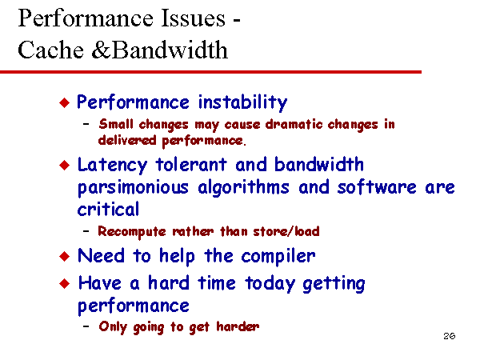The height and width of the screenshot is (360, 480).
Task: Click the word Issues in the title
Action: (193, 18)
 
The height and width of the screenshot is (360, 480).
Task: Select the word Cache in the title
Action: (51, 50)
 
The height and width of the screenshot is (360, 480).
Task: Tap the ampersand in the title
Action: (101, 50)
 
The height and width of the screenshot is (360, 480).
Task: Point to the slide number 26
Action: (449, 336)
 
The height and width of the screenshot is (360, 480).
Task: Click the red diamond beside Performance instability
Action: (65, 102)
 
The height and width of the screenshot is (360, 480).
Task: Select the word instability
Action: (242, 102)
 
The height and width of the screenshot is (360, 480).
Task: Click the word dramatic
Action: (294, 124)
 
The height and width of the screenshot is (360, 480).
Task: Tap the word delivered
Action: (127, 140)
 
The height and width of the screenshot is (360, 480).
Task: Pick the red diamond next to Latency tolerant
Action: (65, 166)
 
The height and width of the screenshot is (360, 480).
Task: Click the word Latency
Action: (112, 166)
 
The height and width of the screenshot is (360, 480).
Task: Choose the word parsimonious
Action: (133, 188)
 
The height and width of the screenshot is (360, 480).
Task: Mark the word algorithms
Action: (243, 187)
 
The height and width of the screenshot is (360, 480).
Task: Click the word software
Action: (377, 186)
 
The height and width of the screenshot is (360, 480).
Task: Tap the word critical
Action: (108, 209)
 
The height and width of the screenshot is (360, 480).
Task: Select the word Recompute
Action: (132, 232)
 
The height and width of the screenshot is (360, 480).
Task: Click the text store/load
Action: (286, 231)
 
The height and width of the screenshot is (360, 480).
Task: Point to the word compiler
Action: (278, 256)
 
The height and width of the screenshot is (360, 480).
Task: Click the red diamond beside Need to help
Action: (65, 256)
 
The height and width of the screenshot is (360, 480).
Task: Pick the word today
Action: (270, 283)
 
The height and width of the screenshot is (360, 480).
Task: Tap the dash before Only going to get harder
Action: (86, 326)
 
